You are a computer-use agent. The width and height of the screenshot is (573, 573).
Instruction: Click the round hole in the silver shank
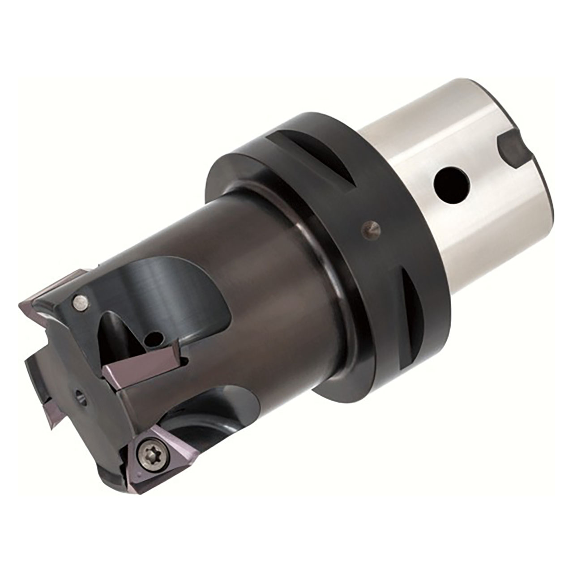pyautogui.click(x=451, y=184)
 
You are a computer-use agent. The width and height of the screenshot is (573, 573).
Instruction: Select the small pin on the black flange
pyautogui.click(x=371, y=230)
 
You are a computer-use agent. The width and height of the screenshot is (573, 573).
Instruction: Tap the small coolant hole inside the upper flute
pyautogui.click(x=155, y=336)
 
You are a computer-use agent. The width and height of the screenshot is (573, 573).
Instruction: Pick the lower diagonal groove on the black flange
pyautogui.click(x=414, y=313)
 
